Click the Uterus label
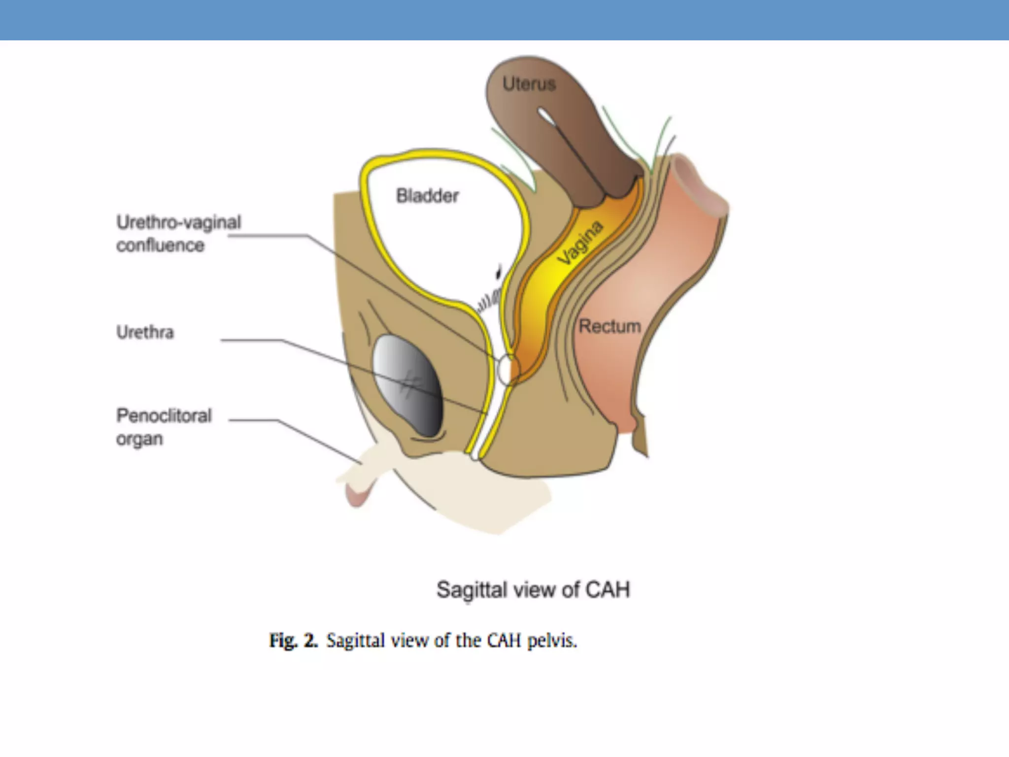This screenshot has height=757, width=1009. click(529, 84)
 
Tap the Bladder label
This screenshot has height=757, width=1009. click(427, 196)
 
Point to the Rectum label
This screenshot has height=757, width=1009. click(609, 326)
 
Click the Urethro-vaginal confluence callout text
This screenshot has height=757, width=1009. click(178, 234)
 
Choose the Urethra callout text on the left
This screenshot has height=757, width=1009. click(145, 332)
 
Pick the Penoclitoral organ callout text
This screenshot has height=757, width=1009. click(164, 427)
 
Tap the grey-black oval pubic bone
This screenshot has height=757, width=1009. click(408, 385)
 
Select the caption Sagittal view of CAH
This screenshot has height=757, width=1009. click(533, 589)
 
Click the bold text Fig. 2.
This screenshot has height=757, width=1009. click(293, 640)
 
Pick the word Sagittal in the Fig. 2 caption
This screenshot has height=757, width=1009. click(355, 641)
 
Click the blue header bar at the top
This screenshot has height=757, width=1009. click(504, 20)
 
